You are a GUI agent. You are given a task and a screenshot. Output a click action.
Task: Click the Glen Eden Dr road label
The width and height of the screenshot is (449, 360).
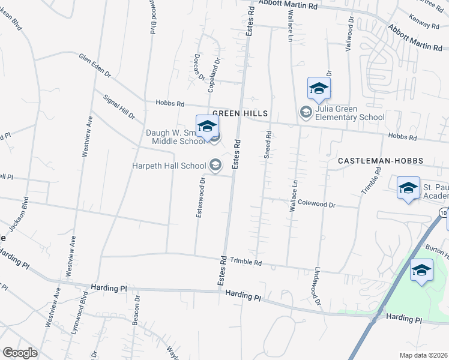(x=95, y=65)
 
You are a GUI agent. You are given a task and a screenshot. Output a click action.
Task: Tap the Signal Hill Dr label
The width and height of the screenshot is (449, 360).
(x=119, y=106)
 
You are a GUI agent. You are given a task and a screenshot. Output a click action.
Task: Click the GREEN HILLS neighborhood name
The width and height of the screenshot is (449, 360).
(x=239, y=113)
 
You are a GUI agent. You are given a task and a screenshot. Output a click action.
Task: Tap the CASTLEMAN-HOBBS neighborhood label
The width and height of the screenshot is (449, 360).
(x=381, y=161)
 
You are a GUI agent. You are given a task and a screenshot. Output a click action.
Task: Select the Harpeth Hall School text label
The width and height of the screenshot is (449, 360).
(x=170, y=165)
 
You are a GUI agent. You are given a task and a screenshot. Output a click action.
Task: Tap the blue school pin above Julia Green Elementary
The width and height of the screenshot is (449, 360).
(x=319, y=89)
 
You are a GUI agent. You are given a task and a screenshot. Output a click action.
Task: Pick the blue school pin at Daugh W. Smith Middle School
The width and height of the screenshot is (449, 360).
(x=207, y=127)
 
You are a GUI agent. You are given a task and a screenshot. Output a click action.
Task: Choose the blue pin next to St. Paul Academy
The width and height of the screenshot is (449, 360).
(x=408, y=188)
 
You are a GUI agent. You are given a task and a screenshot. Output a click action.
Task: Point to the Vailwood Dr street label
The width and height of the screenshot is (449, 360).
(x=348, y=34)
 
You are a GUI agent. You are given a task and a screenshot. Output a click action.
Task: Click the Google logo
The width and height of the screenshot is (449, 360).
(x=20, y=352)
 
